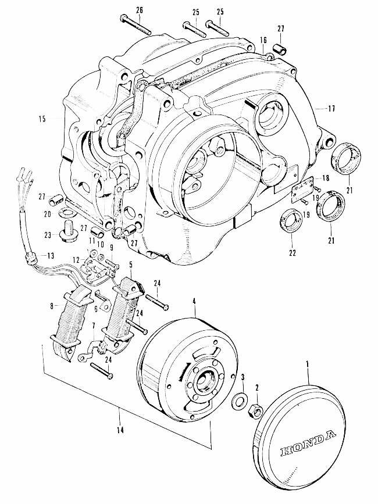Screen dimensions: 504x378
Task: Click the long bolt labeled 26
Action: point(134,23)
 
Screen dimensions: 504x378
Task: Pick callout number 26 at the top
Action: point(138,9)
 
